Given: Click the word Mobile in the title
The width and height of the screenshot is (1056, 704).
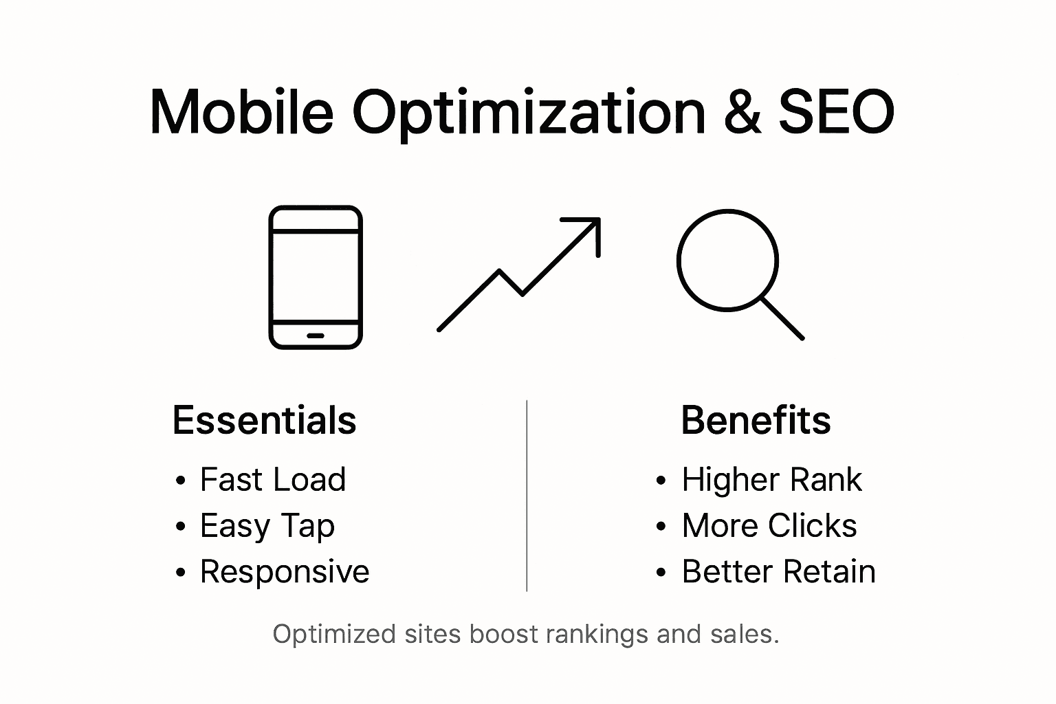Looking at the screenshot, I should tap(241, 112).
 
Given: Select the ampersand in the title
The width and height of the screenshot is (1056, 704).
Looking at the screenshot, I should tap(742, 112).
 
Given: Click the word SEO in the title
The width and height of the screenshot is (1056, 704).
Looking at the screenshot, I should tap(836, 112).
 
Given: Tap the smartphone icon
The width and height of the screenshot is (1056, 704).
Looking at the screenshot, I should tap(316, 277).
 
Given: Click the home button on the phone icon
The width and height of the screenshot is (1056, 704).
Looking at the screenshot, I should tap(316, 335).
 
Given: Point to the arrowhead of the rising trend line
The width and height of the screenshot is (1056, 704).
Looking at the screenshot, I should tap(592, 227).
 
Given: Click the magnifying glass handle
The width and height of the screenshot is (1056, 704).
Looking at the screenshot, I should tap(782, 318).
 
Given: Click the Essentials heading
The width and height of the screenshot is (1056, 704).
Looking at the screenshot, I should tap(264, 420).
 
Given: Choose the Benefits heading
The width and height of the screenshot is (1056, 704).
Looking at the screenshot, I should tap(756, 420).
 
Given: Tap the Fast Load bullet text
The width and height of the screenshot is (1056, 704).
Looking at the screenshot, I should tap(272, 480).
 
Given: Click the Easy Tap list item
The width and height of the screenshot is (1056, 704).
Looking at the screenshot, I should tap(267, 527).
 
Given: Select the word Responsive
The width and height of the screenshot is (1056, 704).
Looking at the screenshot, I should tap(285, 572).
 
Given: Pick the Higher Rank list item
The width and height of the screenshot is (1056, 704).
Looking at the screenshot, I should tap(771, 480).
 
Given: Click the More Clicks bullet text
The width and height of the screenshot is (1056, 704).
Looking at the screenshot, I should tap(769, 526).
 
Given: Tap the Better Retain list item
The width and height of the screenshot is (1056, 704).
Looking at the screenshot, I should tap(778, 572).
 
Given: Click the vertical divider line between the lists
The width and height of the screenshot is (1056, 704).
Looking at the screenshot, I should tap(527, 495).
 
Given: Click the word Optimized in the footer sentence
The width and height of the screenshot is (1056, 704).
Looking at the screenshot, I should tap(334, 634).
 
